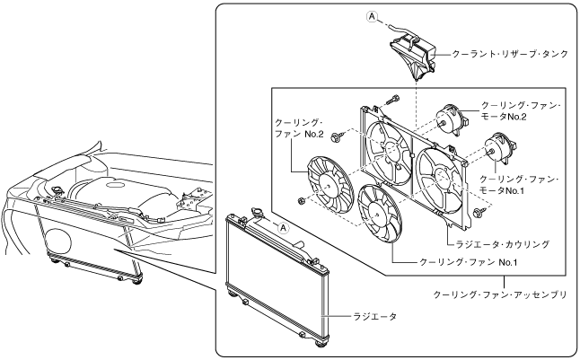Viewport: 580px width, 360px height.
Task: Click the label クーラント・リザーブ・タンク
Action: [x=503, y=53]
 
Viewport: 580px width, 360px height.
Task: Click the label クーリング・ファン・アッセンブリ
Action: [x=500, y=294]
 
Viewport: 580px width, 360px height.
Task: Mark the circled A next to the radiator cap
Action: [x=286, y=228]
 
